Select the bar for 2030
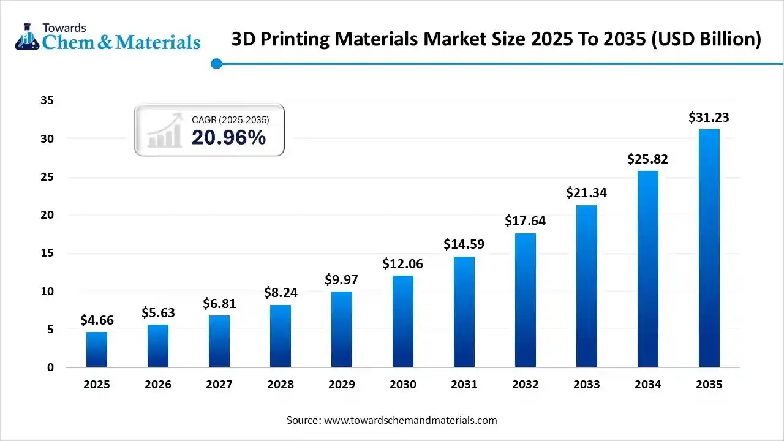[403, 322]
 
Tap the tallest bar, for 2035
[709, 248]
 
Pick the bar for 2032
[526, 300]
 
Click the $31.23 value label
[709, 117]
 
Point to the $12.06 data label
[403, 264]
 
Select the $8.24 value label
[281, 293]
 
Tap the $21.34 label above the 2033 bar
[586, 193]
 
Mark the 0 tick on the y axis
[51, 367]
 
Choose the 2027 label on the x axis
[219, 385]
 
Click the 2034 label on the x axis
[648, 385]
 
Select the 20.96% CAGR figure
[228, 138]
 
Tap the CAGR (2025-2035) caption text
[230, 120]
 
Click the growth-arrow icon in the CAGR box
[164, 130]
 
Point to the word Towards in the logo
[64, 28]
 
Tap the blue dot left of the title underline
[216, 64]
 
